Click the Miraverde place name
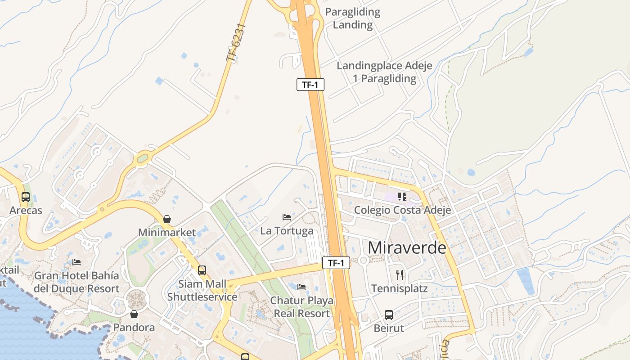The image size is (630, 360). (x=407, y=248)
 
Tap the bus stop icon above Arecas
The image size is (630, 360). (x=26, y=197)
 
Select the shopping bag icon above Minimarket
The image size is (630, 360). (x=167, y=219)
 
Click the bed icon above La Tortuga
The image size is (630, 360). (x=287, y=217)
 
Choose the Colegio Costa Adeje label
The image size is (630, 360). (x=402, y=210)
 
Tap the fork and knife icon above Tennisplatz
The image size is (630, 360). (x=399, y=274)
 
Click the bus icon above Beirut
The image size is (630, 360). (x=389, y=315)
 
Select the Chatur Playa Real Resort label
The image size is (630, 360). (x=302, y=307)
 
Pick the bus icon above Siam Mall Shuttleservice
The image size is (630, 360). (x=202, y=270)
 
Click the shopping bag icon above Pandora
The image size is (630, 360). (x=134, y=314)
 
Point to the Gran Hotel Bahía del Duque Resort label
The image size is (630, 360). (x=76, y=282)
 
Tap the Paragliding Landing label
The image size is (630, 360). (x=353, y=18)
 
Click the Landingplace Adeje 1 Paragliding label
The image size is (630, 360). (x=384, y=72)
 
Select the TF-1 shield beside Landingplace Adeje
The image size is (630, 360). (x=310, y=85)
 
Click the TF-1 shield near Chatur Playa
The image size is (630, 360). (x=336, y=263)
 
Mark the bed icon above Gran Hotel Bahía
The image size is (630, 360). (x=76, y=262)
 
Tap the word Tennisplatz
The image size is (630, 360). (x=399, y=288)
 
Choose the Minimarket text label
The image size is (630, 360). (x=167, y=233)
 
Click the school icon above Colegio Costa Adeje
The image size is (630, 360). (x=402, y=196)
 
